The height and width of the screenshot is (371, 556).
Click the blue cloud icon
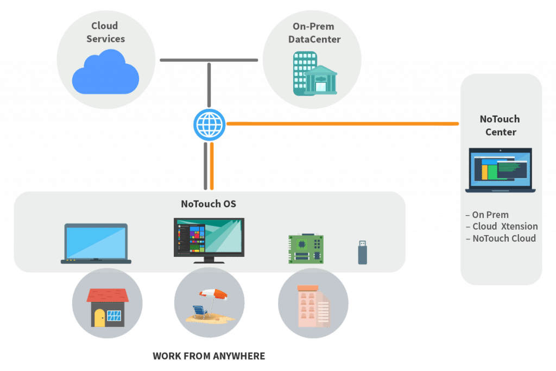(x=105, y=72)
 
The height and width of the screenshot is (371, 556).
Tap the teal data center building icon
(x=315, y=74)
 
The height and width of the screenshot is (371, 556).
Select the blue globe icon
(x=209, y=124)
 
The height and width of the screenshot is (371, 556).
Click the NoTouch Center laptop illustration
(x=500, y=170)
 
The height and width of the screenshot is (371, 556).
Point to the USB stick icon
(x=362, y=253)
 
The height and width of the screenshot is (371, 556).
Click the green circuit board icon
(x=306, y=249)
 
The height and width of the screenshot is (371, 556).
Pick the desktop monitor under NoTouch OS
(x=209, y=241)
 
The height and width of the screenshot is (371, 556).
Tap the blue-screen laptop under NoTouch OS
(x=96, y=244)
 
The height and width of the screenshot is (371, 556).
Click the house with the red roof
(x=108, y=307)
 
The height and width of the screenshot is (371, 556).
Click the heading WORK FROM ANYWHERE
(x=209, y=356)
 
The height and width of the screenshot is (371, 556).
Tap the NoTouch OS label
(x=208, y=204)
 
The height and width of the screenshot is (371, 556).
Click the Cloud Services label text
(x=105, y=32)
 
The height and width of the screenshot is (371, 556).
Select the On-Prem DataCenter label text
(x=314, y=33)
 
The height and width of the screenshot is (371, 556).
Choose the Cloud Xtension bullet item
(x=502, y=227)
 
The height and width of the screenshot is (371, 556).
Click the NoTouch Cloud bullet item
(x=501, y=238)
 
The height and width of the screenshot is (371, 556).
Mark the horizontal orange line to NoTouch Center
(x=343, y=124)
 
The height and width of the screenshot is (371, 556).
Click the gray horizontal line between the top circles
(x=209, y=60)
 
